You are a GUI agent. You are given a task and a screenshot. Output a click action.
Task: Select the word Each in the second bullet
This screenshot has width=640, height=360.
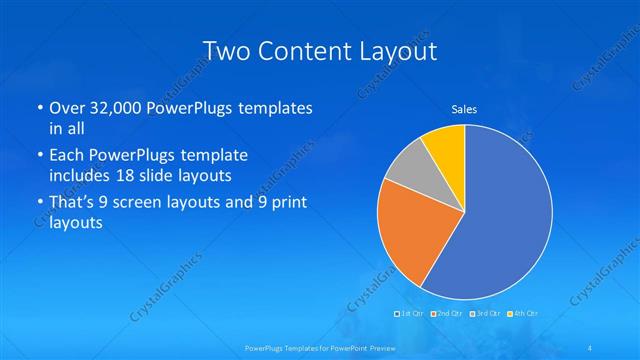pyautogui.click(x=66, y=156)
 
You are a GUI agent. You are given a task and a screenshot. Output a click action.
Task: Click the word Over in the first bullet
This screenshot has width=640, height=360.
pyautogui.click(x=67, y=108)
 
